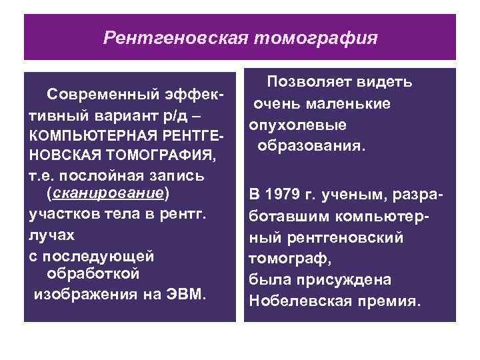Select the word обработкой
(93, 274)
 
